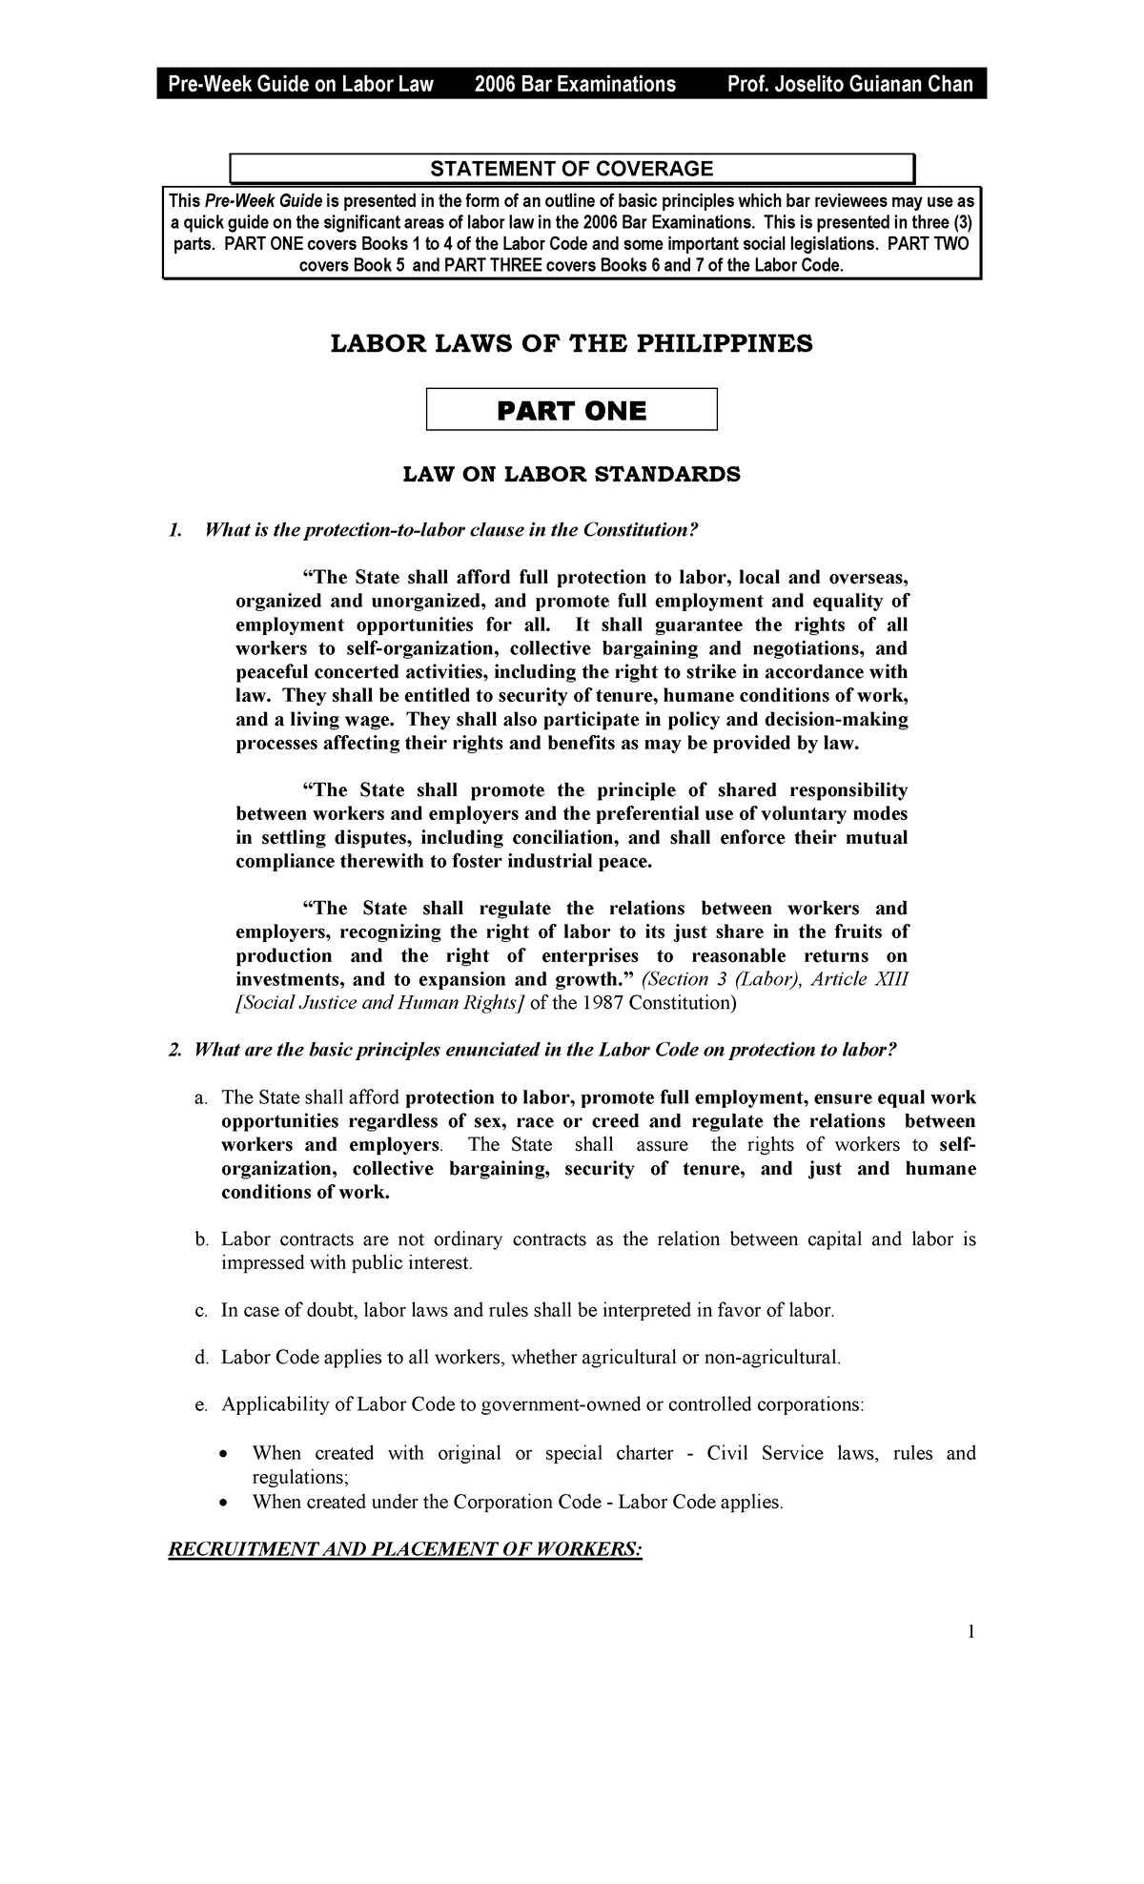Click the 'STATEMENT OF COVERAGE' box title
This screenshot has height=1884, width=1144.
click(571, 169)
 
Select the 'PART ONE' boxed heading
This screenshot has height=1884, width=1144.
click(571, 411)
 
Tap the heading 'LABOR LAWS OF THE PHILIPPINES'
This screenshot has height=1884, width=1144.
click(571, 344)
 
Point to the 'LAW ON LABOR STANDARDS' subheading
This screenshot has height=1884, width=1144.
click(571, 474)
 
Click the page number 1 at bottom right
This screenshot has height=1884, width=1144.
click(971, 1631)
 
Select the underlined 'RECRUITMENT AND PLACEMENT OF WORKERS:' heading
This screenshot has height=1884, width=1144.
click(405, 1549)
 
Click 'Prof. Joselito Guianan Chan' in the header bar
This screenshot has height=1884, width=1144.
click(849, 85)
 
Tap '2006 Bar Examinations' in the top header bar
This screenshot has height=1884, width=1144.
click(575, 85)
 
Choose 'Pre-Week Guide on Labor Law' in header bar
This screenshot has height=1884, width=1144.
click(301, 85)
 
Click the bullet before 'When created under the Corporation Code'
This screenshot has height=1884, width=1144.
click(222, 1503)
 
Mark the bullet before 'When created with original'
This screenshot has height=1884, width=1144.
click(222, 1454)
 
